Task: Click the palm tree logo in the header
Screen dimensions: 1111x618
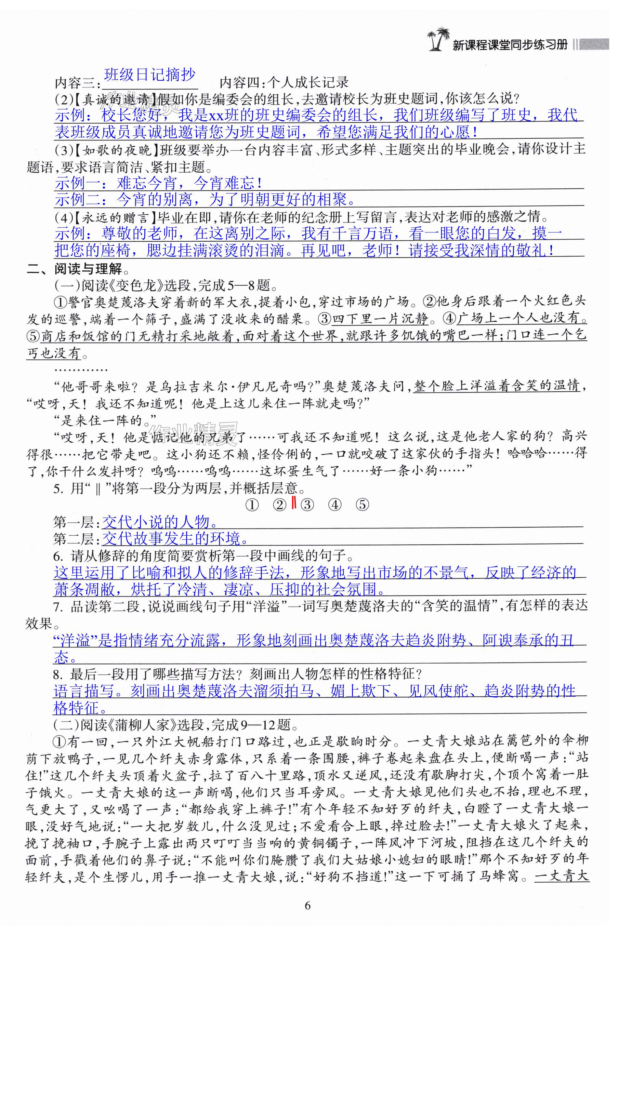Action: coord(438,39)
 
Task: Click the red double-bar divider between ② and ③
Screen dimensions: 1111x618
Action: coord(293,503)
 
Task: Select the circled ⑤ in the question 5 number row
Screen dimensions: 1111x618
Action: coord(362,505)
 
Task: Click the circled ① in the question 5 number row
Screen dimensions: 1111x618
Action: coord(252,505)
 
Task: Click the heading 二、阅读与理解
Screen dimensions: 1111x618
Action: coord(75,269)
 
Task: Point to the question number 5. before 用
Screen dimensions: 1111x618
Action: coord(58,488)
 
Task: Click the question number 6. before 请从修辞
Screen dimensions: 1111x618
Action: coord(58,555)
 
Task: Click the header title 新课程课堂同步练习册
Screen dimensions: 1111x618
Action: coord(509,45)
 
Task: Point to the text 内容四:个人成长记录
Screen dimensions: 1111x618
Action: coord(284,82)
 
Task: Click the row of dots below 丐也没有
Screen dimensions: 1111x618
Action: coord(81,370)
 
